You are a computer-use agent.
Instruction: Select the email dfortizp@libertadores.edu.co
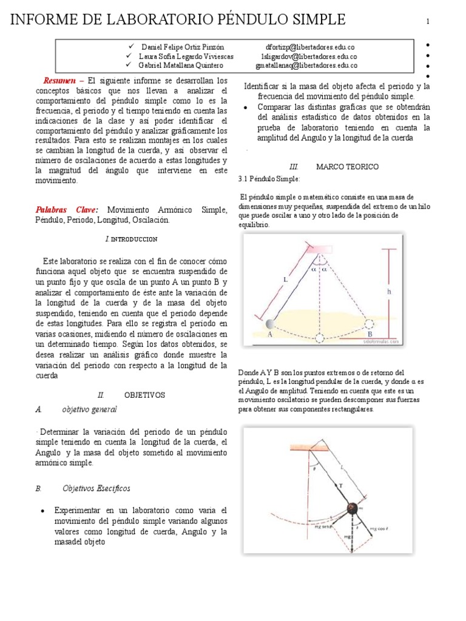click(310, 47)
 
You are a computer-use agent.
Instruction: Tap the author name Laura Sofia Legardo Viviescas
click(187, 56)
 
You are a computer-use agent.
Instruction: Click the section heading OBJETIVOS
click(144, 395)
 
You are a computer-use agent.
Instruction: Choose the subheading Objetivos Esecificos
click(96, 488)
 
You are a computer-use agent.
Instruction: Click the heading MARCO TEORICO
click(347, 166)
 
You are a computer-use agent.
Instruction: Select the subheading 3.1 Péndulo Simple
click(269, 180)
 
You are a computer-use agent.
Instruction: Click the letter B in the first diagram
click(370, 334)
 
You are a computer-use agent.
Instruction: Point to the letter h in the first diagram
click(389, 292)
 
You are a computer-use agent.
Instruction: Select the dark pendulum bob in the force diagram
click(352, 508)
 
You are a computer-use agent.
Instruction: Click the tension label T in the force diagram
click(340, 486)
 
